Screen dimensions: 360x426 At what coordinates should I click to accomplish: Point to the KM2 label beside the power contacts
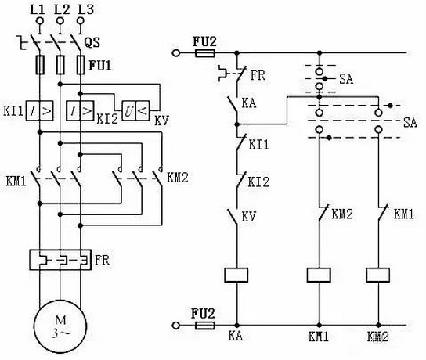(179, 176)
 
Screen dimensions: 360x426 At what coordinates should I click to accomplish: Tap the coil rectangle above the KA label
(236, 274)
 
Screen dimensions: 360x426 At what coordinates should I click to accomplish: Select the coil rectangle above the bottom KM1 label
(319, 274)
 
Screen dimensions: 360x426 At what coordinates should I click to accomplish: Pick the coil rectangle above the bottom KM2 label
(380, 274)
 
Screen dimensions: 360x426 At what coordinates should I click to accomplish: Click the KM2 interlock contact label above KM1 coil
(341, 213)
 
